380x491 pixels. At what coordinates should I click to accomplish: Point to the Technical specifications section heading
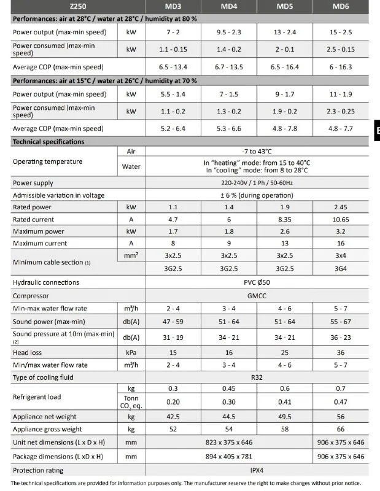coord(48,142)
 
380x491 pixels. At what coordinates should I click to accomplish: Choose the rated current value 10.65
coord(341,220)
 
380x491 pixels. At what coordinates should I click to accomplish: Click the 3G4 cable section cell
coord(341,268)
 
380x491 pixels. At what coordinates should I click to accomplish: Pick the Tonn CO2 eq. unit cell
coord(131,402)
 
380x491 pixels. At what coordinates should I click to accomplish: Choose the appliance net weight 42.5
coord(173,417)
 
